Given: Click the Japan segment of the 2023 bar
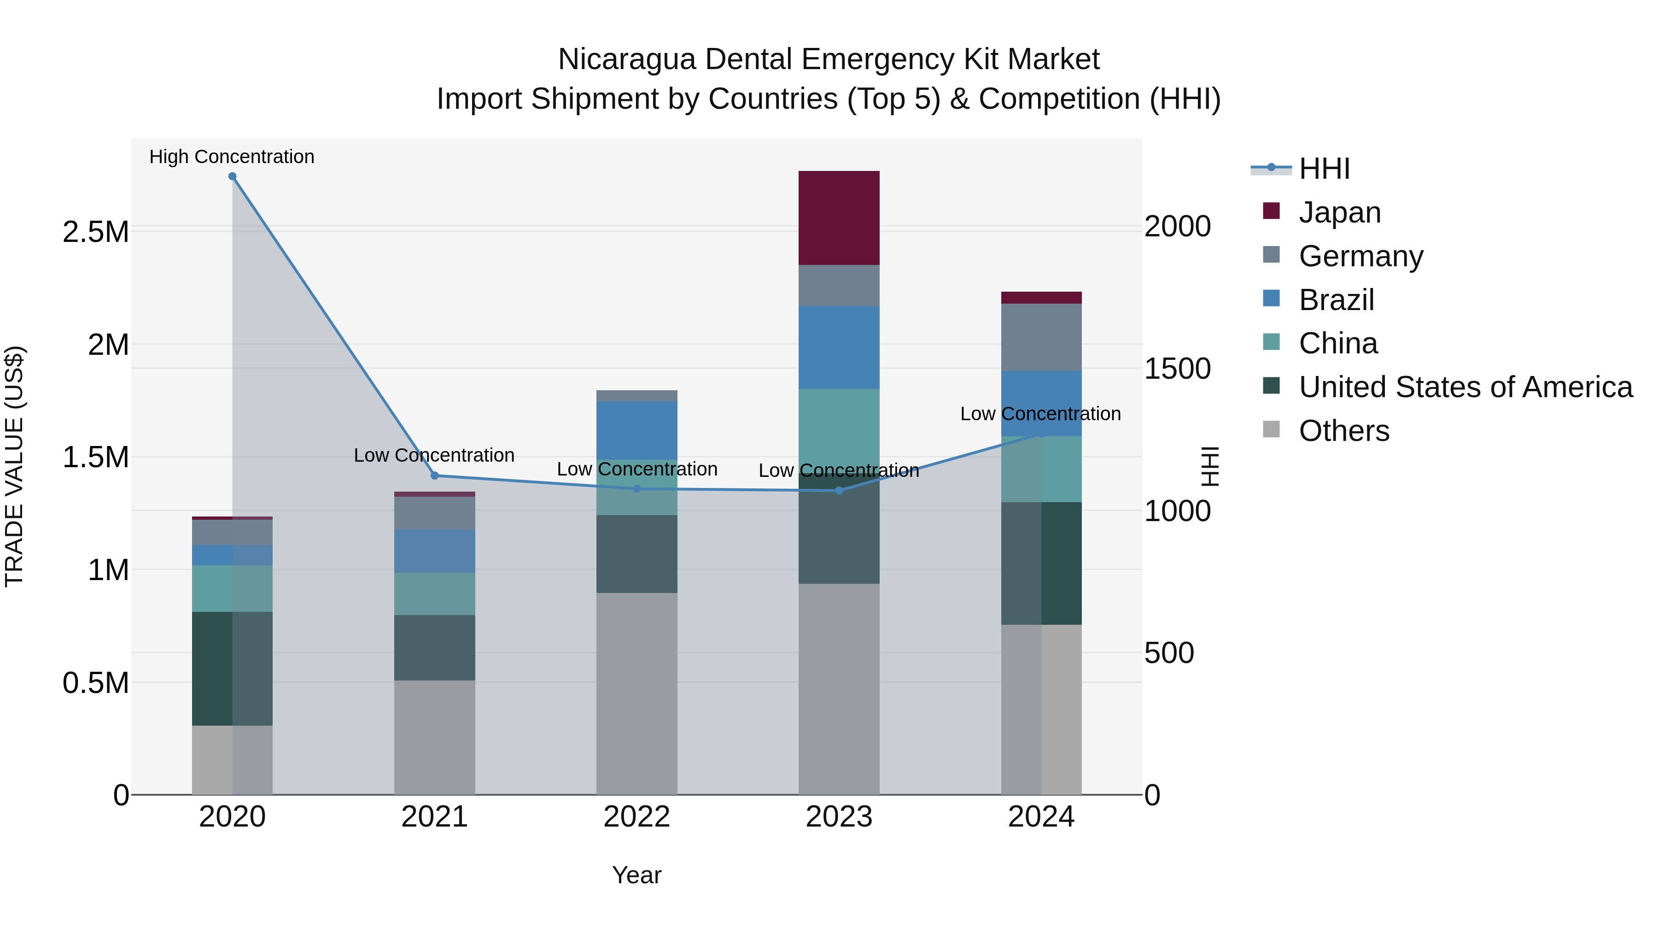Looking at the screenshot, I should tap(839, 217).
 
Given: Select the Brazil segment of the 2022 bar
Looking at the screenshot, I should tap(636, 430).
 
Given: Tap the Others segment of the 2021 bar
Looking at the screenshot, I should tap(434, 737).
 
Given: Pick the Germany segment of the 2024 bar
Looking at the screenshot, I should tap(1041, 337).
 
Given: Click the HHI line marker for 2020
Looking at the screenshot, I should tap(233, 176).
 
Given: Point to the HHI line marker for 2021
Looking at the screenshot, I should tap(434, 476).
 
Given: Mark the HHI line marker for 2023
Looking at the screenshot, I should tap(839, 491).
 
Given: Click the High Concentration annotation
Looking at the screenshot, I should tap(232, 157).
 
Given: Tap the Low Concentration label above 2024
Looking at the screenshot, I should tap(1040, 414).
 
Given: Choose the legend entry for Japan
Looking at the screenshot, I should tap(1339, 212).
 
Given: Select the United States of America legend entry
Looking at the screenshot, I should tap(1465, 387).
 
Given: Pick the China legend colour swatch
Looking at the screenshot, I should tap(1271, 342).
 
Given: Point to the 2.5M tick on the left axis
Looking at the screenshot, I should tap(95, 232).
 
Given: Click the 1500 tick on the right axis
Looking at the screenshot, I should tap(1177, 369).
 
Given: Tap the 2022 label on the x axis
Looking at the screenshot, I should tap(636, 817).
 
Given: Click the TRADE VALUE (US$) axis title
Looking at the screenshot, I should tap(14, 466).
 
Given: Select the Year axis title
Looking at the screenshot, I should tap(636, 875).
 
